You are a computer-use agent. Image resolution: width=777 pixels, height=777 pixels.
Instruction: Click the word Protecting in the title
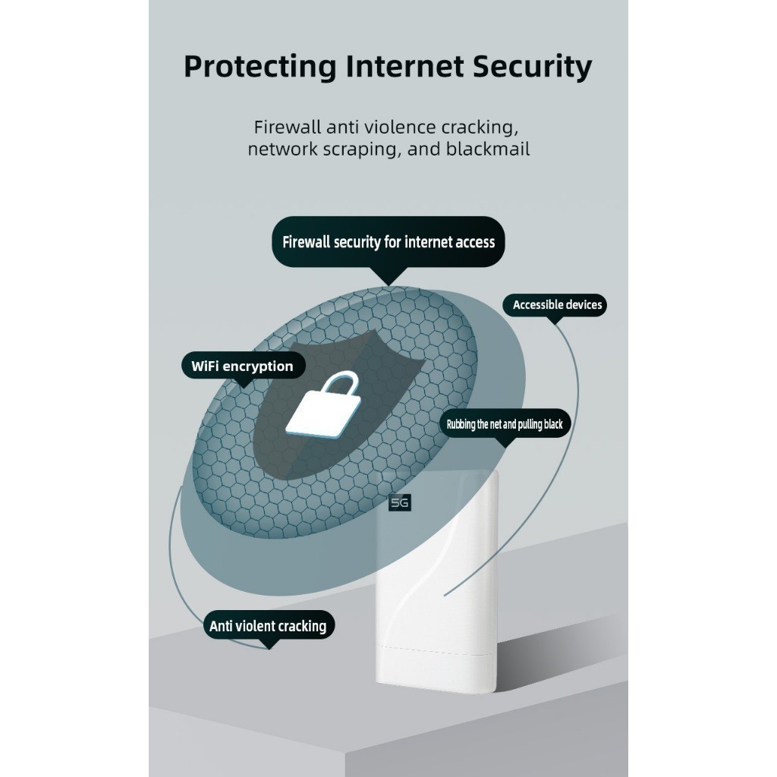pos(260,67)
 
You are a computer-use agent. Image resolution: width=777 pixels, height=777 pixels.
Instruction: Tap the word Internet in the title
pos(405,66)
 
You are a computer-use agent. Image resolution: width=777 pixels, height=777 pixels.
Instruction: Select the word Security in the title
pos(532,67)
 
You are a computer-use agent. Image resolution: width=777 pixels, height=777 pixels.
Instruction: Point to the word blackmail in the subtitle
pos(488,149)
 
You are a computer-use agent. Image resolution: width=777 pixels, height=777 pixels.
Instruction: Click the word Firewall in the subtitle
pos(288,127)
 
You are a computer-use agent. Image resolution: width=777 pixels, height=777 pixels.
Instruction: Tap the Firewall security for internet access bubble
pos(388,242)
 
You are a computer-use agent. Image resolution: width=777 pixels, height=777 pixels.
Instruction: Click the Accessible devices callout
pos(555,305)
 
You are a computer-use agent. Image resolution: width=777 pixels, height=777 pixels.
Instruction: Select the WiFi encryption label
pos(243,366)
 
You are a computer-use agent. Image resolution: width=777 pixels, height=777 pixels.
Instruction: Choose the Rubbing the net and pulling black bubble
pos(505,423)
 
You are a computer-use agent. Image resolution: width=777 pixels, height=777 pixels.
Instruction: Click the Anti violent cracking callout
pos(269,625)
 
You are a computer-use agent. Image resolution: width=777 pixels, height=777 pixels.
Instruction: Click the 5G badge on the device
pos(400,503)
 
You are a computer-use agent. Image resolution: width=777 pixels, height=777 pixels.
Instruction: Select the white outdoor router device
pos(437,582)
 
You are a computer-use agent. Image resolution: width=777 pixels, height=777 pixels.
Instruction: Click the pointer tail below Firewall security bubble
pos(389,276)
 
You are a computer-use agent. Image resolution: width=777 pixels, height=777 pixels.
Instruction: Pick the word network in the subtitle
pos(282,149)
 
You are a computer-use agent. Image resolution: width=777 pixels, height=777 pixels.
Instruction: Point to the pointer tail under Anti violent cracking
pos(269,643)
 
